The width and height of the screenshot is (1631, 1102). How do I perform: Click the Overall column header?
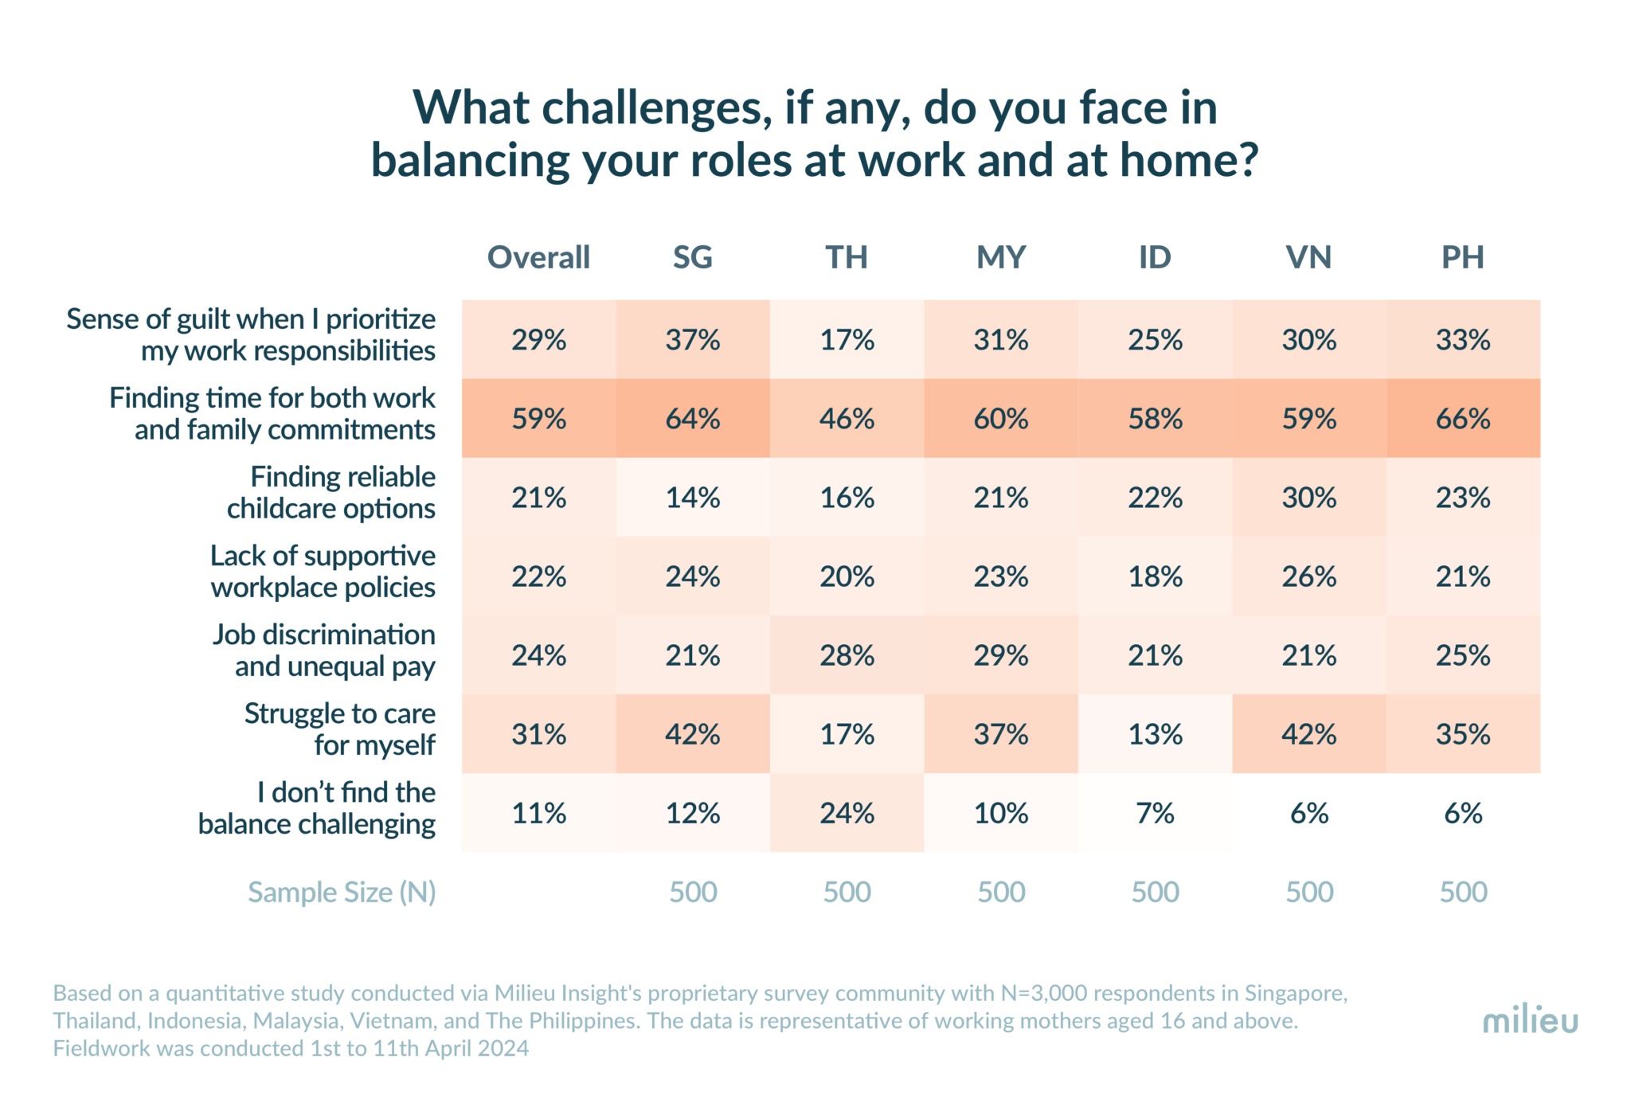tap(538, 257)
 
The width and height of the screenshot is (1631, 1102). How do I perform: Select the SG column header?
tap(692, 257)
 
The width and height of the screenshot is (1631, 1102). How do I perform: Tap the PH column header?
tap(1463, 257)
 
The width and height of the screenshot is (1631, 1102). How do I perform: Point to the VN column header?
tap(1308, 257)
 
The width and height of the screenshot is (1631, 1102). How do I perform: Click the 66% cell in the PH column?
tap(1463, 419)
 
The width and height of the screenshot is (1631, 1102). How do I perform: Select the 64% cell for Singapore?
tap(693, 419)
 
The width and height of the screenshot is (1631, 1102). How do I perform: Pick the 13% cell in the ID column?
tap(1155, 734)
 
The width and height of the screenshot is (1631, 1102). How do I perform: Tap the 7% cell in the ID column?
tap(1155, 813)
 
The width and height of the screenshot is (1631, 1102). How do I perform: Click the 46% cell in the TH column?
tap(847, 419)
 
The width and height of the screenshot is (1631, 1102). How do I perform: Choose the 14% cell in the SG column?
tap(693, 498)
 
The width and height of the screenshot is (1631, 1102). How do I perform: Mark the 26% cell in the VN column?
tap(1308, 576)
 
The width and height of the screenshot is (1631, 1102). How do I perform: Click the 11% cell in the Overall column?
tap(538, 813)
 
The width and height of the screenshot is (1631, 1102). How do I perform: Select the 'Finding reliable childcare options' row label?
tap(331, 492)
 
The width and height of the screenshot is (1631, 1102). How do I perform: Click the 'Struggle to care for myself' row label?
tap(340, 729)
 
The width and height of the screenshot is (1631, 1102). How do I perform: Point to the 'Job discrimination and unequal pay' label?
tap(324, 650)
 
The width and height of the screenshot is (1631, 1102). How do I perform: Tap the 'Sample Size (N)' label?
tap(342, 892)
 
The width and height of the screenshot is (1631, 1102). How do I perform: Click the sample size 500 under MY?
tap(1001, 892)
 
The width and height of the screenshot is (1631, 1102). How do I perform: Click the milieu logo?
tap(1530, 1020)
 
